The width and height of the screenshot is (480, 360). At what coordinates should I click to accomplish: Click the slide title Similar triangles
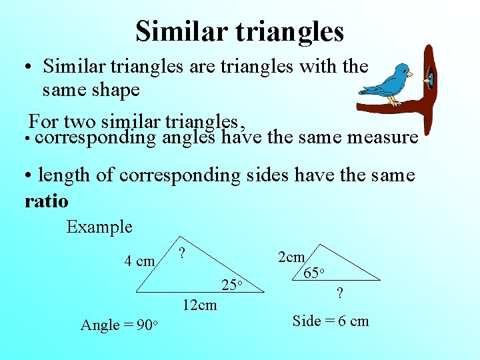[x=239, y=31]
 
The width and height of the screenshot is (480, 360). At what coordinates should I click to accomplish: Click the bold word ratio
[x=46, y=200]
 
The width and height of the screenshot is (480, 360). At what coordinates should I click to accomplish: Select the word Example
[x=99, y=227]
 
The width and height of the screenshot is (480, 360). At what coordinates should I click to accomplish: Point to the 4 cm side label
[x=139, y=261]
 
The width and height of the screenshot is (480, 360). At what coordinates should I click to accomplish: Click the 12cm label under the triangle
[x=199, y=305]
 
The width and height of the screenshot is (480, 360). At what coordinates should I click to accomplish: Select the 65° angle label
[x=314, y=273]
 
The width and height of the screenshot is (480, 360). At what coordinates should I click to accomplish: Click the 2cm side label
[x=291, y=257]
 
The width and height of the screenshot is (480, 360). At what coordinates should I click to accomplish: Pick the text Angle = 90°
[x=119, y=325]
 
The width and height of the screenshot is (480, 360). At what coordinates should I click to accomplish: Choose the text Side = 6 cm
[x=331, y=321]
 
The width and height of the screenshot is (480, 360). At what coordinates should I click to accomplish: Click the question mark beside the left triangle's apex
[x=182, y=254]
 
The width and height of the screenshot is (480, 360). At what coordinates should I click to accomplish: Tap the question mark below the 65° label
[x=340, y=293]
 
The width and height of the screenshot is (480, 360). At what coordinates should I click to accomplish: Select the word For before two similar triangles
[x=43, y=121]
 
